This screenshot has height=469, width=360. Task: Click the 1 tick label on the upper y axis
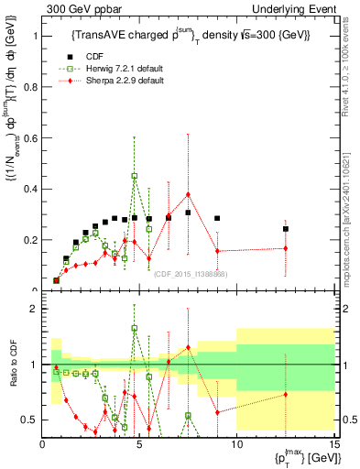[x=36, y=37]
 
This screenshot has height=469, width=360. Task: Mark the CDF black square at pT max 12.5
[x=286, y=229]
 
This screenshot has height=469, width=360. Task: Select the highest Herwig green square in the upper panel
[x=135, y=176]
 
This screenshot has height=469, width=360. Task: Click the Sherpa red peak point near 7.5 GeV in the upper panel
[x=188, y=194]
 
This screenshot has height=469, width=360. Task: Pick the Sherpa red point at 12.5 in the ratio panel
[x=286, y=394]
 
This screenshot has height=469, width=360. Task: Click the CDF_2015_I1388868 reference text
[x=191, y=274]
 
